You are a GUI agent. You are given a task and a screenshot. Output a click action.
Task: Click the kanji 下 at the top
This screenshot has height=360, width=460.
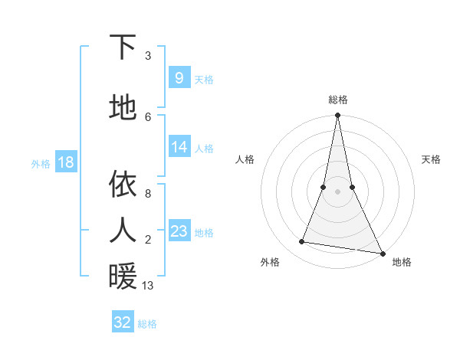pyautogui.click(x=123, y=47)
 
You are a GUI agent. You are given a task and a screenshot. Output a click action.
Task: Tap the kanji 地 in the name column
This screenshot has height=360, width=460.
pyautogui.click(x=123, y=107)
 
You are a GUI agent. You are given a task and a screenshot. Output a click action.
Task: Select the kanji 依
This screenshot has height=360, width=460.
pyautogui.click(x=123, y=184)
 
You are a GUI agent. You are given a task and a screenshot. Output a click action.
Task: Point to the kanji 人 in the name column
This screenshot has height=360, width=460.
pyautogui.click(x=123, y=229)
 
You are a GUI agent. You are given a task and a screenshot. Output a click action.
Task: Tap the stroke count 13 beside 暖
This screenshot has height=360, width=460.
pyautogui.click(x=148, y=286)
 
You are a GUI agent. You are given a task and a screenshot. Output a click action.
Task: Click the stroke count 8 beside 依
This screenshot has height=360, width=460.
pyautogui.click(x=148, y=194)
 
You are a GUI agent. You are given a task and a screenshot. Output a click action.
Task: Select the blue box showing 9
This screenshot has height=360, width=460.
pyautogui.click(x=179, y=77)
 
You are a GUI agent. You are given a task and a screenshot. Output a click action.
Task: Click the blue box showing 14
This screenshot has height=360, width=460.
pyautogui.click(x=179, y=147)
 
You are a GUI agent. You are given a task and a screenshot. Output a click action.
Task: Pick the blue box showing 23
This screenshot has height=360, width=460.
pyautogui.click(x=179, y=231)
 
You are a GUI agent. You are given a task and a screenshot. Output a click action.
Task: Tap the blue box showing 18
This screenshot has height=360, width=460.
pyautogui.click(x=65, y=162)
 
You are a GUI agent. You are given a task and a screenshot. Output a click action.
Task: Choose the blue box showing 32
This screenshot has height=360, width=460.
pyautogui.click(x=123, y=322)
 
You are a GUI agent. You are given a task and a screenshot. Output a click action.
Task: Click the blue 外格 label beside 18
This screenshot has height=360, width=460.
pyautogui.click(x=41, y=163)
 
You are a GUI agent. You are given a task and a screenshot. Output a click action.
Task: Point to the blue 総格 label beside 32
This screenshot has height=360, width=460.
pyautogui.click(x=147, y=324)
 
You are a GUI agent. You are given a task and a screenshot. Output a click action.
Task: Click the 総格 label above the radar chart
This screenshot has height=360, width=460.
pyautogui.click(x=338, y=100)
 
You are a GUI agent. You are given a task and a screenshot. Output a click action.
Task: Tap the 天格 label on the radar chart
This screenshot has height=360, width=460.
pyautogui.click(x=432, y=159)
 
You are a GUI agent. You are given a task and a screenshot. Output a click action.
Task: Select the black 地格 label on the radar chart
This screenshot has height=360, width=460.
pyautogui.click(x=402, y=263)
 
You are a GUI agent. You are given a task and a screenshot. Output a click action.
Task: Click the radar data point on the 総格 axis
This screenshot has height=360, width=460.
pyautogui.click(x=337, y=116)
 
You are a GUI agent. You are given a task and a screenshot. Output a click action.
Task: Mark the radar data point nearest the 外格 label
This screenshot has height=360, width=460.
pyautogui.click(x=302, y=242)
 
